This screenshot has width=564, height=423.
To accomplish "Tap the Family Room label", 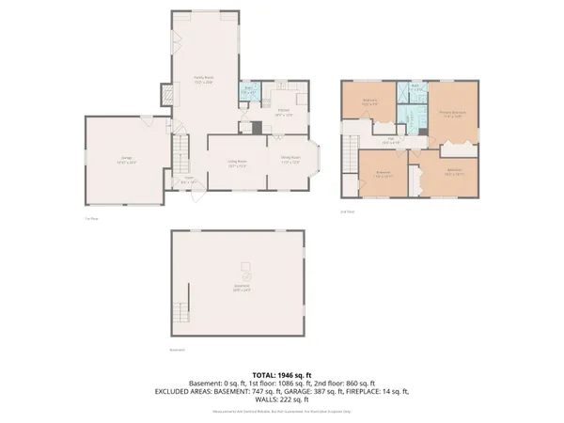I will click(x=204, y=80).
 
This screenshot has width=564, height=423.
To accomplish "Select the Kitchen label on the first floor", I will click(x=284, y=113).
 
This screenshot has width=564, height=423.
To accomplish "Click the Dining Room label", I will click(x=290, y=161).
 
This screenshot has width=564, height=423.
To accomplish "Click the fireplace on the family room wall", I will click(x=167, y=95).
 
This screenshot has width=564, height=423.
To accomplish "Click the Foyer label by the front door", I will click(x=189, y=180).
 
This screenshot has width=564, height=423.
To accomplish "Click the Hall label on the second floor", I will click(x=390, y=140).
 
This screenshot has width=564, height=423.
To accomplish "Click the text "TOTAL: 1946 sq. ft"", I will click(x=282, y=373).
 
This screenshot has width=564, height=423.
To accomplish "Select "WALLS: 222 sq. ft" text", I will click(x=282, y=399).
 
